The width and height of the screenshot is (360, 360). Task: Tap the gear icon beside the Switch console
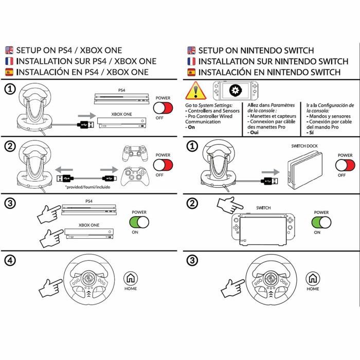[x=236, y=91]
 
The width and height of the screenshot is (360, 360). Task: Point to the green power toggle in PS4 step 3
[x=139, y=222]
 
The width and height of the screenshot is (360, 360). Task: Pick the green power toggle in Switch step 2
[x=321, y=222]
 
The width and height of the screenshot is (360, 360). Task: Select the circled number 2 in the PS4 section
[x=10, y=146]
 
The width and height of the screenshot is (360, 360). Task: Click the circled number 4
[x=10, y=260]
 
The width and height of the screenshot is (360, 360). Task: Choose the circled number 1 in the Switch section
[x=191, y=146]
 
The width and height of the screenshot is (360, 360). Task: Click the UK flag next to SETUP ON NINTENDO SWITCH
[x=191, y=50]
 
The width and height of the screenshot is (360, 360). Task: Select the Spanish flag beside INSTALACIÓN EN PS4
[x=9, y=72]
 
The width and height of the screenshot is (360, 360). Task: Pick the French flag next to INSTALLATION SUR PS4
[x=9, y=61]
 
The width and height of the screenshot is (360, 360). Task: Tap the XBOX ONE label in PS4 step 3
[x=88, y=225]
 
